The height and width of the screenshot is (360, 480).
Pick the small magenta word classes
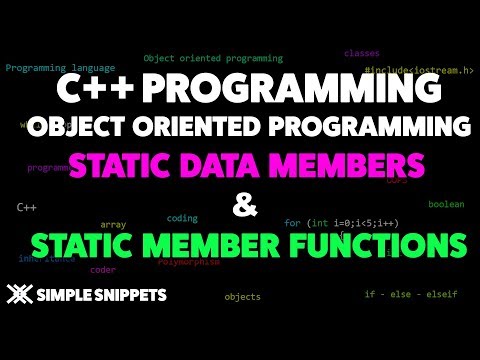[x=361, y=52]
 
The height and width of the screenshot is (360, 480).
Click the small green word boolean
[x=446, y=204]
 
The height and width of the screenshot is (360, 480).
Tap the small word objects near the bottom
[x=242, y=296]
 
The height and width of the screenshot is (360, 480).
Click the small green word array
[x=113, y=224]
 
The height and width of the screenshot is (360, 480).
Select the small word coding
[x=182, y=217]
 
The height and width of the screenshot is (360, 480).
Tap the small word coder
[x=103, y=268]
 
